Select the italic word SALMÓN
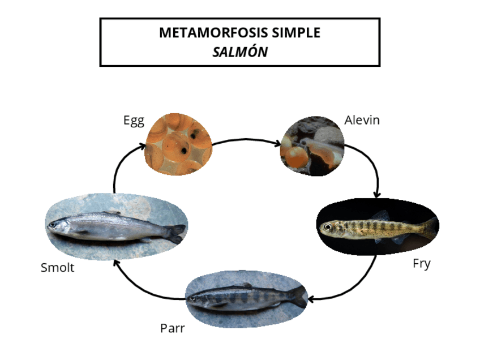click(x=240, y=52)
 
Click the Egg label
click(x=134, y=121)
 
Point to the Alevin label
click(x=362, y=120)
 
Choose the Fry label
click(x=422, y=263)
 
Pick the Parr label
click(x=172, y=328)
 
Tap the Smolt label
click(x=57, y=268)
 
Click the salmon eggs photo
click(x=179, y=143)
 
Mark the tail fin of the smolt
click(x=175, y=233)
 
